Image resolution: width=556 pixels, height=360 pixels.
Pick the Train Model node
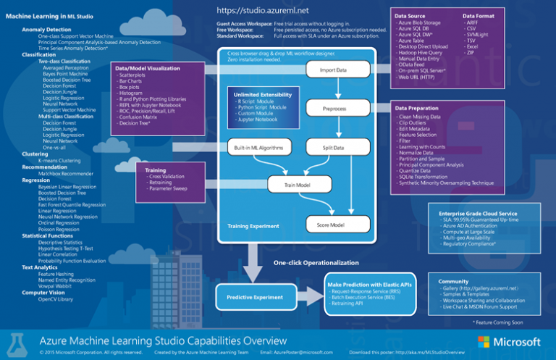(x=298, y=185)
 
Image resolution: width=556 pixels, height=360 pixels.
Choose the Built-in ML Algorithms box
(x=258, y=147)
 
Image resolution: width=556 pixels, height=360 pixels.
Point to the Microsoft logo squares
(x=484, y=341)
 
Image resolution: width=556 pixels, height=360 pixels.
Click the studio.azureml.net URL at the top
(x=264, y=11)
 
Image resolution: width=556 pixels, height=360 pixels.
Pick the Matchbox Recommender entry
(x=66, y=173)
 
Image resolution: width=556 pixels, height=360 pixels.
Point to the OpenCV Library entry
(x=56, y=298)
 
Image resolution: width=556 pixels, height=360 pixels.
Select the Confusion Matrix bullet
(x=138, y=117)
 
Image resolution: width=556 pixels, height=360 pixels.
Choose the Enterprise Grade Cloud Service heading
(x=478, y=214)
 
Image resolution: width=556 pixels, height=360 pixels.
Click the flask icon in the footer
(x=20, y=342)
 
